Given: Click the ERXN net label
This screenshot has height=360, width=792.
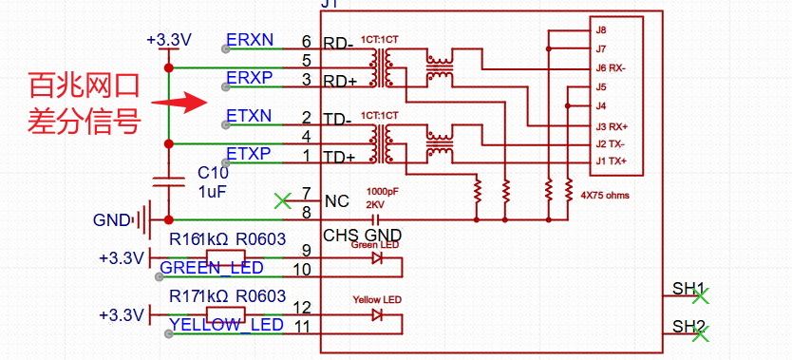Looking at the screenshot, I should (x=250, y=41).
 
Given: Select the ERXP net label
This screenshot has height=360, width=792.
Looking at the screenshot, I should (x=249, y=77).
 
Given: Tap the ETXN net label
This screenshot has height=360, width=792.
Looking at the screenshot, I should (x=249, y=116).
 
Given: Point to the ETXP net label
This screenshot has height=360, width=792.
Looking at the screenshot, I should (x=249, y=153).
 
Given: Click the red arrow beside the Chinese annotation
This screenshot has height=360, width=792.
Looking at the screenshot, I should (x=182, y=102).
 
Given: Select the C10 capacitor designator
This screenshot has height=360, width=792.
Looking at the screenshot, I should (x=213, y=173).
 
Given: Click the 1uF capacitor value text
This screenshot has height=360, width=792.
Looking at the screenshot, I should (x=213, y=191).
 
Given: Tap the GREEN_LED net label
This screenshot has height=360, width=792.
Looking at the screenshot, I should (x=211, y=269).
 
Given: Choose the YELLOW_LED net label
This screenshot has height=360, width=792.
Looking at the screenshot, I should (x=226, y=326).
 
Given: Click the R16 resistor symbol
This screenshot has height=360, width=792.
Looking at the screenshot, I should (x=226, y=257).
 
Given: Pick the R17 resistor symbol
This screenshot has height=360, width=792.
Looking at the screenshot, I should (x=226, y=314).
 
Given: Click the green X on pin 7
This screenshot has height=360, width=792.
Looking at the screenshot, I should (x=281, y=200).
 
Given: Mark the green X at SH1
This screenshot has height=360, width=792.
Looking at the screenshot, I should (x=701, y=296).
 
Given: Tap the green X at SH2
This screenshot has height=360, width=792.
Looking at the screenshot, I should (x=701, y=334).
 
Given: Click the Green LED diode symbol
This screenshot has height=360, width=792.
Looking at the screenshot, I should (x=377, y=257).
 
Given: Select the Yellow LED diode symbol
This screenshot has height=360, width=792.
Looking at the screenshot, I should (x=377, y=314).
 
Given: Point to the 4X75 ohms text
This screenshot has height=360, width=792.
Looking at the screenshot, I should (x=604, y=196).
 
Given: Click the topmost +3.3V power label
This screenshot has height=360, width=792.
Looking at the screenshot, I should (x=169, y=40).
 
